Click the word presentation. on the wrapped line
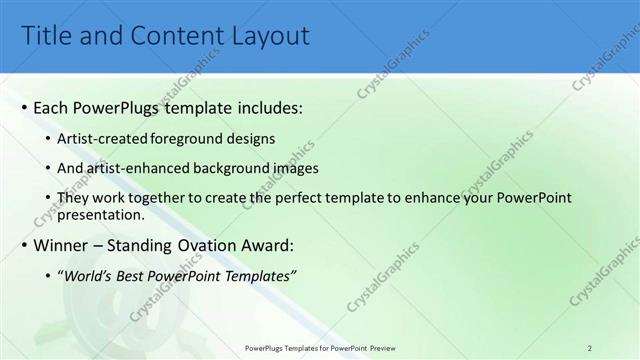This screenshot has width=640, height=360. point(103,214)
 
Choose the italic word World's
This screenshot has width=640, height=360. point(87,275)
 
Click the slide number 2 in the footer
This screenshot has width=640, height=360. point(589,347)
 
